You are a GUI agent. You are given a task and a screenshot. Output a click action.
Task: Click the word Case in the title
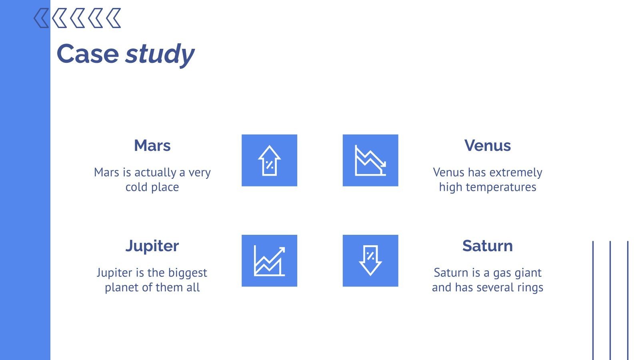click(x=88, y=54)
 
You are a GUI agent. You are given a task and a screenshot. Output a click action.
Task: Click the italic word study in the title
click(x=160, y=54)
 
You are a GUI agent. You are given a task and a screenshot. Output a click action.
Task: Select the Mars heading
click(x=152, y=146)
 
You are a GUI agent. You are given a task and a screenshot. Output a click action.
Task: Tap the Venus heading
click(x=487, y=146)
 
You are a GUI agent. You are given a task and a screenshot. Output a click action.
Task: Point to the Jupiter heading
click(x=152, y=246)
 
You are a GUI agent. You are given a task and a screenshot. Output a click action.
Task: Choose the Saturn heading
click(x=487, y=246)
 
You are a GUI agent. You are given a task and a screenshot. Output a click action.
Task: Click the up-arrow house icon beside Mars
click(x=269, y=160)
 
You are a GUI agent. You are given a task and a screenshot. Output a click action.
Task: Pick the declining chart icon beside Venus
click(x=370, y=160)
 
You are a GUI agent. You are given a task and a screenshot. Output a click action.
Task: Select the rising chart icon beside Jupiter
click(x=269, y=261)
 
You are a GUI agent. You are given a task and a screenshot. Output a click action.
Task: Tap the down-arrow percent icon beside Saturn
click(x=370, y=261)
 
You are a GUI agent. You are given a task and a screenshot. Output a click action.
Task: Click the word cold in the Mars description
click(x=136, y=187)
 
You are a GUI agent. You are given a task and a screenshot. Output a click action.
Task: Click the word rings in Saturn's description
click(x=530, y=288)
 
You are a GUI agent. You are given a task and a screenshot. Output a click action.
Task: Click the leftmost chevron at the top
click(x=42, y=18)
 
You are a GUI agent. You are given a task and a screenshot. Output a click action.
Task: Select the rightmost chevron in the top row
click(x=114, y=18)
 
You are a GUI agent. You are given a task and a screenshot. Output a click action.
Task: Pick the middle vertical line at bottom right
click(x=610, y=300)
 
